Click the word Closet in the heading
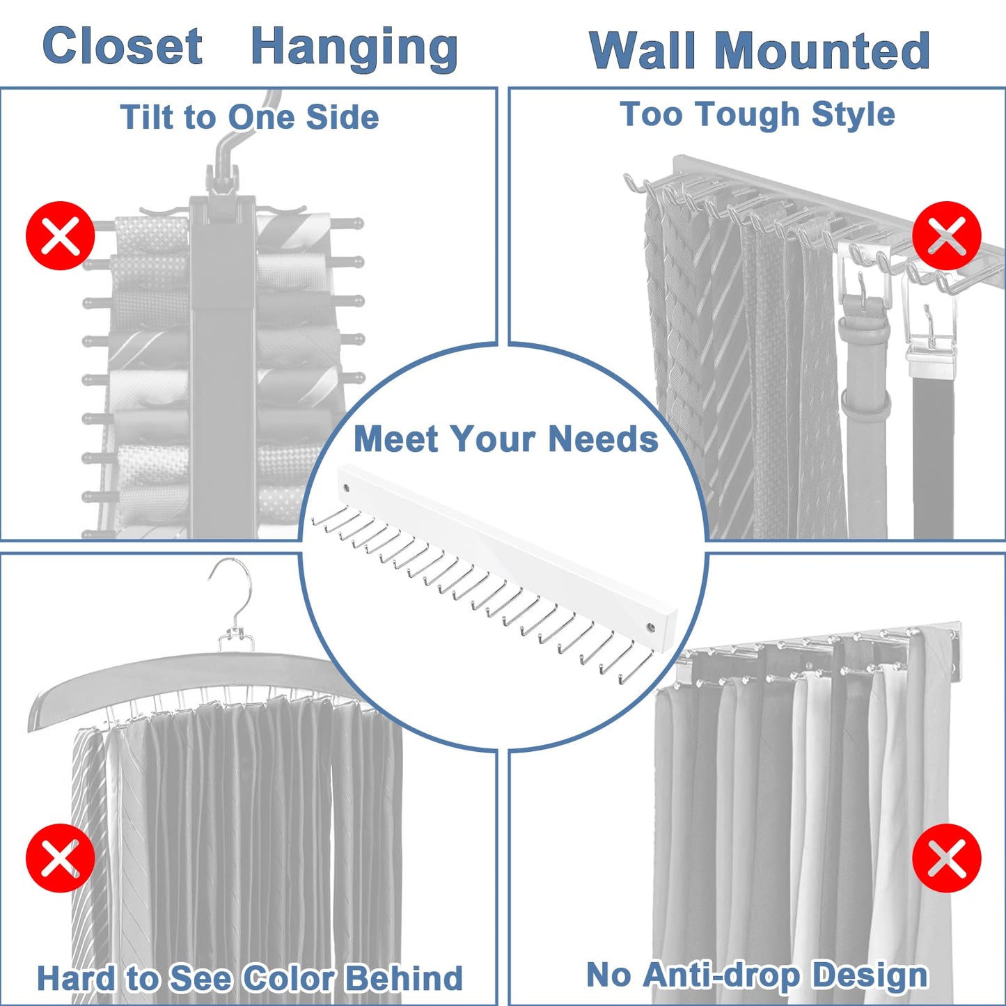click(123, 47)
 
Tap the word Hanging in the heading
click(354, 49)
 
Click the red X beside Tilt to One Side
click(61, 236)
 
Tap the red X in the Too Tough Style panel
click(946, 236)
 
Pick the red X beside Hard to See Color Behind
click(61, 858)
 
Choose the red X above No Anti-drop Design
click(946, 858)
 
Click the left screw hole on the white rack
click(345, 488)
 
